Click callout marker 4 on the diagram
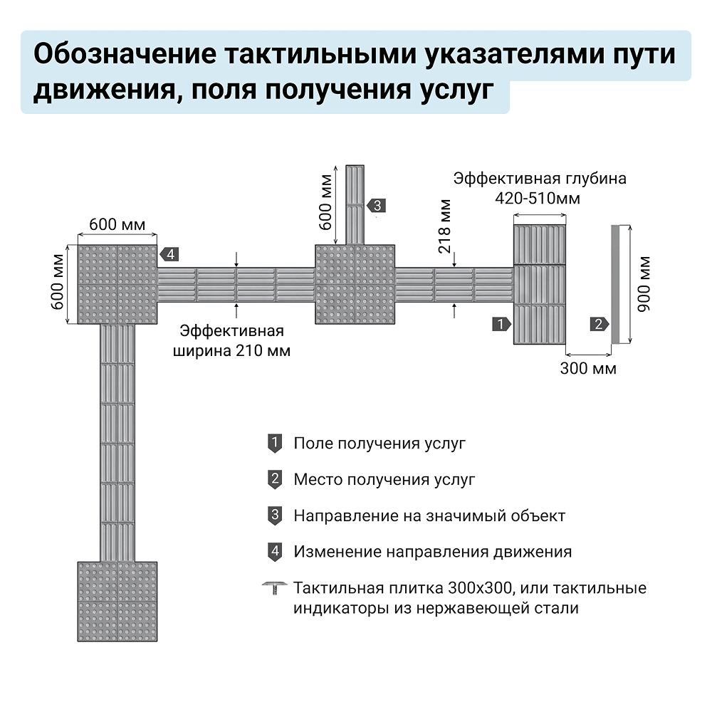tap(169, 254)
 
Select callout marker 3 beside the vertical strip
tap(377, 206)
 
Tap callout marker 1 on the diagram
tap(502, 324)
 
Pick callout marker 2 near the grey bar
tap(600, 324)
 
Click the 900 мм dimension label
tap(644, 284)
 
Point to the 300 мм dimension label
tap(588, 368)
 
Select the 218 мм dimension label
tap(444, 226)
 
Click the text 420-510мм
tap(538, 199)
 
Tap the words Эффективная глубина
tap(540, 179)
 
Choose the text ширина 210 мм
tap(231, 350)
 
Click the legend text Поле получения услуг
tap(379, 443)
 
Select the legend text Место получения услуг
tap(384, 479)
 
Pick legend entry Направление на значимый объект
tap(429, 515)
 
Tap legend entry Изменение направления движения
tap(433, 552)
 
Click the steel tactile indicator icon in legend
tap(275, 587)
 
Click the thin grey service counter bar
tap(615, 284)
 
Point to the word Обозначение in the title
tap(125, 54)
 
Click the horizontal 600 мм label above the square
tap(117, 224)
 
